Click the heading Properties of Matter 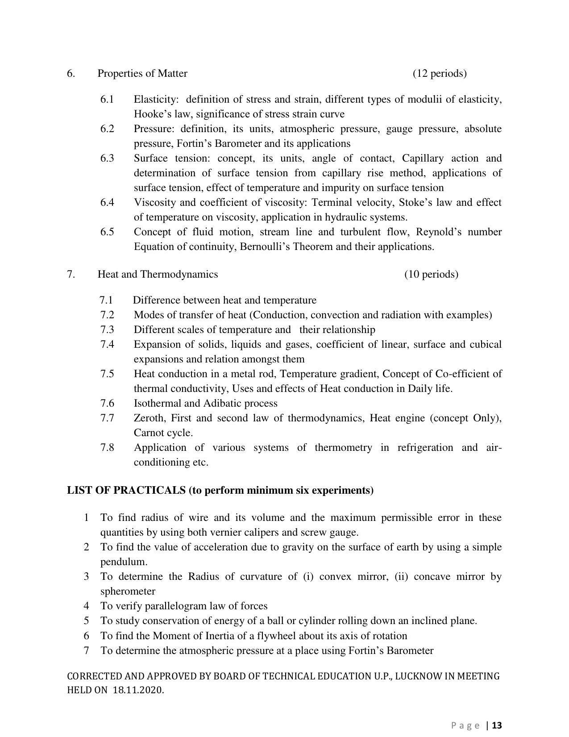(x=142, y=73)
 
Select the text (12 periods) (x=440, y=73)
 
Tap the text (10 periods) (x=431, y=274)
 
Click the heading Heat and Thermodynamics (x=158, y=274)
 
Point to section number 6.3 (x=107, y=158)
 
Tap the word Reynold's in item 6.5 (x=439, y=232)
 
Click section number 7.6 (x=107, y=404)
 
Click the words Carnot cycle (x=163, y=433)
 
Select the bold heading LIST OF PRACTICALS (x=126, y=491)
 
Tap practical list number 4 (x=86, y=606)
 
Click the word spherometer (x=128, y=591)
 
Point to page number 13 (x=497, y=725)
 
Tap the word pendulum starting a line (x=123, y=562)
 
